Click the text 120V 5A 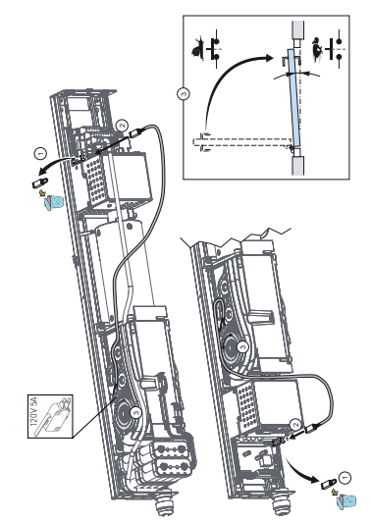pyautogui.click(x=34, y=412)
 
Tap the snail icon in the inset pyautogui.click(x=198, y=50)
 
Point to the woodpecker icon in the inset pyautogui.click(x=317, y=49)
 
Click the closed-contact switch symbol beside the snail pyautogui.click(x=214, y=49)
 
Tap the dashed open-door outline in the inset pyautogui.click(x=243, y=141)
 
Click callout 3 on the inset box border pyautogui.click(x=184, y=94)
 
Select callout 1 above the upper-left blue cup pyautogui.click(x=40, y=154)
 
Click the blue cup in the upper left pyautogui.click(x=54, y=202)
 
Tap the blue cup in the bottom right pyautogui.click(x=346, y=501)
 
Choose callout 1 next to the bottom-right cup pyautogui.click(x=345, y=478)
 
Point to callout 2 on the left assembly pyautogui.click(x=123, y=126)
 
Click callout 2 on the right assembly pyautogui.click(x=295, y=425)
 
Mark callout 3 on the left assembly pyautogui.click(x=135, y=413)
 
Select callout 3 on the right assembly pyautogui.click(x=243, y=347)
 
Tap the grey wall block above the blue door pyautogui.click(x=298, y=30)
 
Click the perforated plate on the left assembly pyautogui.click(x=96, y=180)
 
